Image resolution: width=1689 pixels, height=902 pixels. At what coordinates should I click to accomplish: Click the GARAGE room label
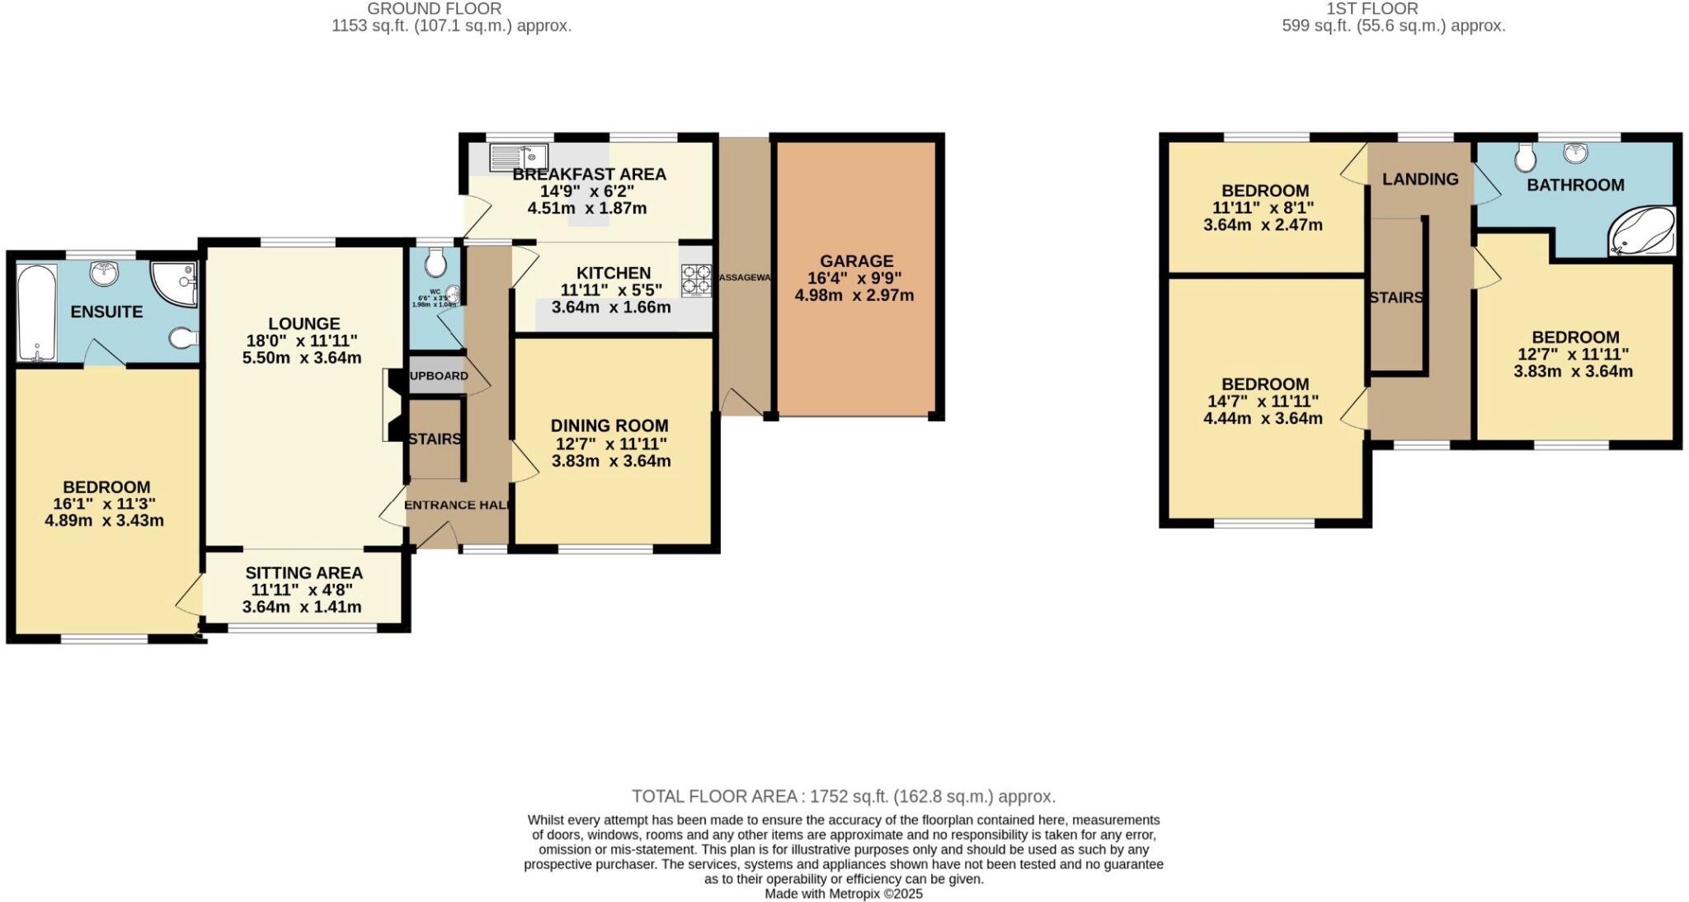855,261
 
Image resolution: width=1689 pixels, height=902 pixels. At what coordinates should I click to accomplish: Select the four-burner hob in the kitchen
695,280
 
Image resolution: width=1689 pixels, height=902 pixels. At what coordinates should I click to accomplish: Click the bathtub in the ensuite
36,313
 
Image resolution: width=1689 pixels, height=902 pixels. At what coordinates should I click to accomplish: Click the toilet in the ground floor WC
435,264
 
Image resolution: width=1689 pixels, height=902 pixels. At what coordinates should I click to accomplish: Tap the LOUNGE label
303,324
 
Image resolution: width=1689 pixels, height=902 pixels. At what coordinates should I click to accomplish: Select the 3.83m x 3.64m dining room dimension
610,461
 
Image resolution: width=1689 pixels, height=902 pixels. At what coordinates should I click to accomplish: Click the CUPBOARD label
438,376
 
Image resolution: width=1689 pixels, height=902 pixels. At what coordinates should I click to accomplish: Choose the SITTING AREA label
303,572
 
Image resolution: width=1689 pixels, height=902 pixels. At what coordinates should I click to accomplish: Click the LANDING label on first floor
1420,179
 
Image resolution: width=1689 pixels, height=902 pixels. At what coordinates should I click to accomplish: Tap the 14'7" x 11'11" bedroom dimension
1264,402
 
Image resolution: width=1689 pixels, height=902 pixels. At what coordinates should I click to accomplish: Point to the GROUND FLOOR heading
435,9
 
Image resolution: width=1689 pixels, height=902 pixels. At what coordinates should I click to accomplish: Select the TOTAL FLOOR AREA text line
843,796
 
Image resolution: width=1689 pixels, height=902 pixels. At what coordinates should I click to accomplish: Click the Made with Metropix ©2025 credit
843,894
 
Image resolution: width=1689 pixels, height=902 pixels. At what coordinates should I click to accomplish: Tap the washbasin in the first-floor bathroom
1576,153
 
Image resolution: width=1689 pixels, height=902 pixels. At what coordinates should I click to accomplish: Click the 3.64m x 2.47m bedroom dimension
1263,224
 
